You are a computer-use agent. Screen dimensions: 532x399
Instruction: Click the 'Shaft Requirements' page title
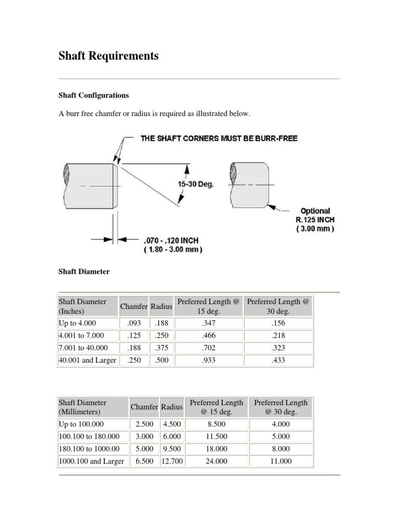tap(109, 56)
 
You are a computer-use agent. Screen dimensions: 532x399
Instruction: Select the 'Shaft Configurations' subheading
tap(94, 96)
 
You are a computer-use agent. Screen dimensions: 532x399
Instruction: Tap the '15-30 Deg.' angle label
tap(195, 183)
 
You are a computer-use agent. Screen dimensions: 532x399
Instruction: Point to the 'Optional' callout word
tap(315, 211)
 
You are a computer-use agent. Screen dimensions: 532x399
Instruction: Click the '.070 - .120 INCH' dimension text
tap(171, 241)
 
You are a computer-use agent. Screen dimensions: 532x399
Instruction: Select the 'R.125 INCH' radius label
tap(315, 220)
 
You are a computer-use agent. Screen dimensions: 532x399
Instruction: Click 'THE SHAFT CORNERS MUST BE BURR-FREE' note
tap(219, 139)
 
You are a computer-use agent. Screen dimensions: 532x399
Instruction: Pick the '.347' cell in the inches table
tap(208, 323)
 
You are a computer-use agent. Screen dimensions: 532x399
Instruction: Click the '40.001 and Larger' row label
tap(87, 360)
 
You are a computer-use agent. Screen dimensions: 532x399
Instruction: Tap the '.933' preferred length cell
tap(208, 360)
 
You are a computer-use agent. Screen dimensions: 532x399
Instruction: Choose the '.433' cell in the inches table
tap(278, 360)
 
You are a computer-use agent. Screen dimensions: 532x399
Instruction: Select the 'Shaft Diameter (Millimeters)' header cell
tap(83, 407)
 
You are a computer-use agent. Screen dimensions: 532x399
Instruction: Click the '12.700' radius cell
tap(172, 461)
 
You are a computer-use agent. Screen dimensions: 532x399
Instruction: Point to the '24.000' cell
tap(216, 461)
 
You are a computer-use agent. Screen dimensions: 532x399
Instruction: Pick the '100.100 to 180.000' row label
tap(89, 436)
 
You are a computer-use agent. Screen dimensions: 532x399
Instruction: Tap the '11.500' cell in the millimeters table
tap(216, 436)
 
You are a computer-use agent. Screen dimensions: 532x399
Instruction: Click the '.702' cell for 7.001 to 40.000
tap(208, 348)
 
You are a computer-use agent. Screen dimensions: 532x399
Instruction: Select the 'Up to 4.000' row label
tap(77, 323)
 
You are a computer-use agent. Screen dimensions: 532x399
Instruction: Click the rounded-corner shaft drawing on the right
tap(248, 185)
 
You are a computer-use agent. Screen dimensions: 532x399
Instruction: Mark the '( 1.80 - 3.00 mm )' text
tap(172, 249)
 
